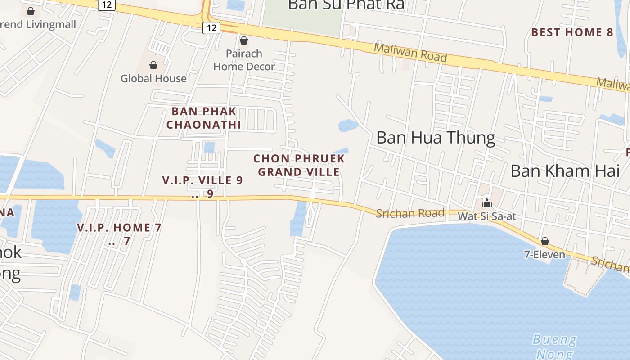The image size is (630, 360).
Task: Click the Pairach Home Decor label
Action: (x=244, y=60)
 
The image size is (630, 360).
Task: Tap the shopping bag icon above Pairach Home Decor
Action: (x=244, y=41)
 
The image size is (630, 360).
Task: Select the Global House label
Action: (x=153, y=78)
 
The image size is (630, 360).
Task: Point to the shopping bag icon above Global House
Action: (x=153, y=65)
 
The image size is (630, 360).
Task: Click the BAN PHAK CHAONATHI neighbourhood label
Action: (x=204, y=118)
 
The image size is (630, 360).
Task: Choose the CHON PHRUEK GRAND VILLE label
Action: (x=299, y=165)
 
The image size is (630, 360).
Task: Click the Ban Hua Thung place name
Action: (x=436, y=138)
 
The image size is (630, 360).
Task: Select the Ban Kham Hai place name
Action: (x=565, y=171)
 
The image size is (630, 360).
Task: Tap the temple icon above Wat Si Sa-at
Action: (x=486, y=203)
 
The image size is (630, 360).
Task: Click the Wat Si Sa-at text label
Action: (x=486, y=216)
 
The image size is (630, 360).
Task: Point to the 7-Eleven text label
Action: (x=544, y=255)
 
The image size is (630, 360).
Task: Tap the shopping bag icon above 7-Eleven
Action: (x=544, y=242)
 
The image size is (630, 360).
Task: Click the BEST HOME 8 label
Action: (x=572, y=32)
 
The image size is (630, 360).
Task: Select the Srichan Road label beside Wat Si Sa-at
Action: (x=410, y=213)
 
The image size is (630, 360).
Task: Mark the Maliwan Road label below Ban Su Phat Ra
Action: (x=410, y=53)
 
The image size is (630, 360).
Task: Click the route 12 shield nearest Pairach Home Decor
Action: (x=211, y=28)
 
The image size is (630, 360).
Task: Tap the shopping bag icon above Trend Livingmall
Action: (x=31, y=11)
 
